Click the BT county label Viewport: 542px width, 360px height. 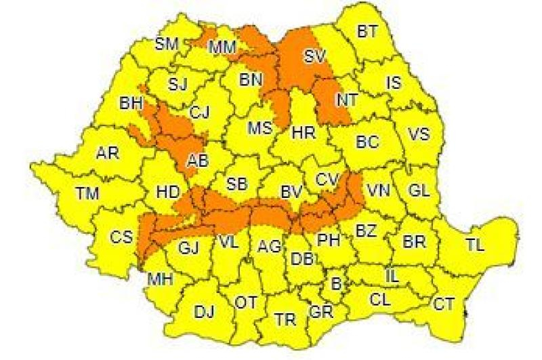click(367, 31)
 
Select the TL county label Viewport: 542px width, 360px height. click(476, 245)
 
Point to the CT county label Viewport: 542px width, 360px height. click(444, 304)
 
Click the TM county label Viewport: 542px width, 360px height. click(87, 193)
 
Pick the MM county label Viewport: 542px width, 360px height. click(222, 47)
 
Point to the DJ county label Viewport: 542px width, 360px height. click(204, 312)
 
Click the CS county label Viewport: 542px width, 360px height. click(122, 237)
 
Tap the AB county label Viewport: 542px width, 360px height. click(197, 161)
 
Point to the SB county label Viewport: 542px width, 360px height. click(236, 184)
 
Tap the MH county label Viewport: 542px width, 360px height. click(161, 279)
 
